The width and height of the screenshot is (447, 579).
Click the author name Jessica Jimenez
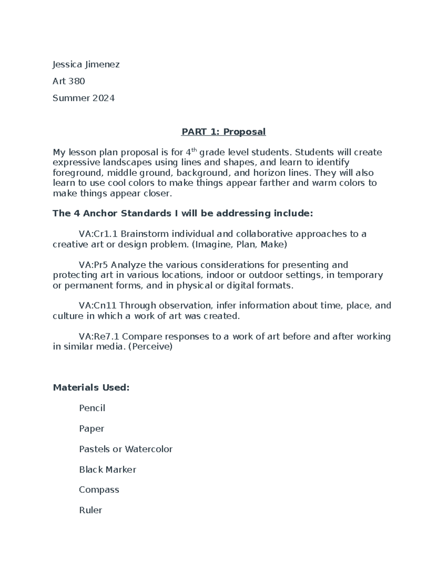(x=86, y=64)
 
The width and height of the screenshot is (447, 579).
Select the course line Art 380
(x=69, y=81)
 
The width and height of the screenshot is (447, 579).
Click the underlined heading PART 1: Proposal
(x=223, y=132)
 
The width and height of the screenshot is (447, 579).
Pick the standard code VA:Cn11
(x=97, y=306)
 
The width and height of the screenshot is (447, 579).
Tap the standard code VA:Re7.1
(x=99, y=337)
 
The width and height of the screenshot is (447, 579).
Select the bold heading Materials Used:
(x=91, y=388)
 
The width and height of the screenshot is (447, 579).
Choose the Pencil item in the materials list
(x=92, y=408)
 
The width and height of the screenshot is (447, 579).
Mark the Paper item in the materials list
(x=91, y=429)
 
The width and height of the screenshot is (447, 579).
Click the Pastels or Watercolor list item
(x=126, y=449)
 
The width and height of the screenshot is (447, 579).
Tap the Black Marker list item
(x=107, y=470)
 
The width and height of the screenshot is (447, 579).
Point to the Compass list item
(x=99, y=490)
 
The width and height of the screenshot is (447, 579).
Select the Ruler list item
(x=90, y=510)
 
